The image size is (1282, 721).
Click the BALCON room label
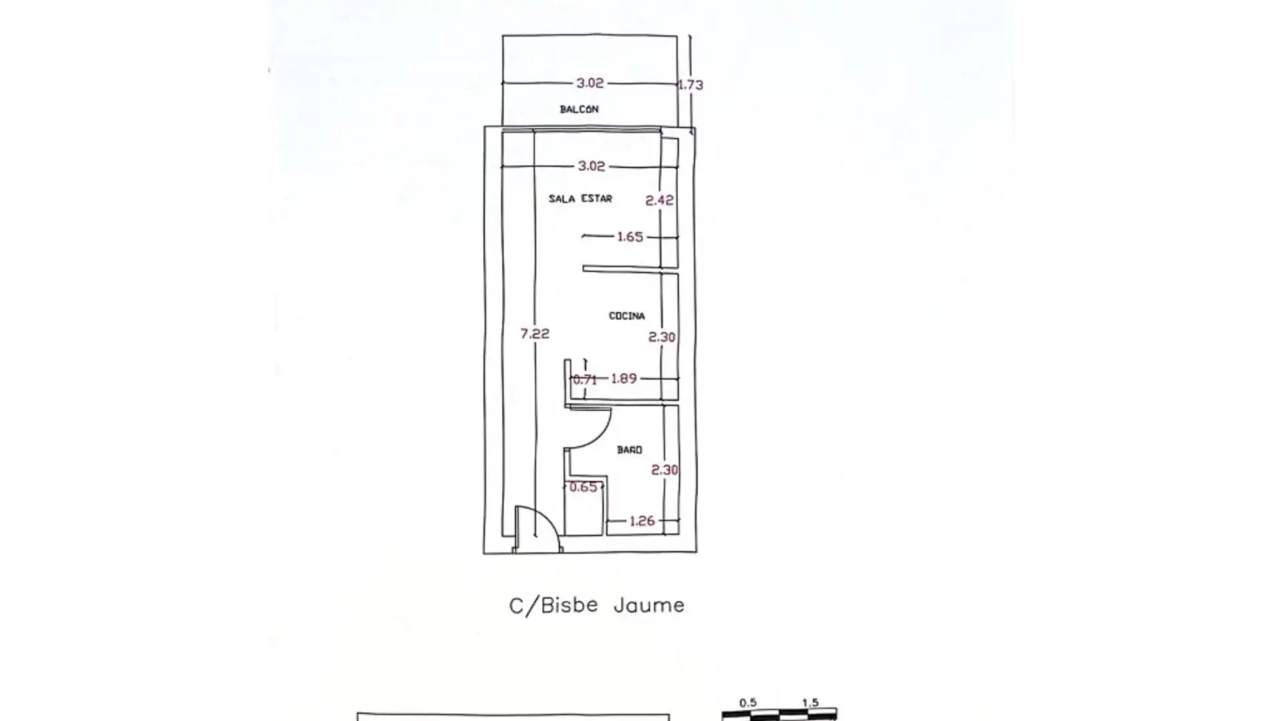click(x=579, y=109)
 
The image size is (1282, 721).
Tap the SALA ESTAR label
click(x=580, y=198)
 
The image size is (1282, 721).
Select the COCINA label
click(x=627, y=316)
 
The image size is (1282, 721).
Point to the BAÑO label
click(x=630, y=450)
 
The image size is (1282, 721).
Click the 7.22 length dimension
click(x=535, y=333)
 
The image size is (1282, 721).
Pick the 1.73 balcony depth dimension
click(x=691, y=85)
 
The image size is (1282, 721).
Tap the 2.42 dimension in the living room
click(x=660, y=200)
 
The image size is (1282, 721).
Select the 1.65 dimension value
click(x=630, y=236)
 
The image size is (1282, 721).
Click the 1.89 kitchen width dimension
click(x=624, y=379)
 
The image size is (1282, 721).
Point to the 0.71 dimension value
click(x=585, y=379)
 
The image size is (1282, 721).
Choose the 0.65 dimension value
click(x=583, y=487)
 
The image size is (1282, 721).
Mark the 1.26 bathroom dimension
click(x=642, y=521)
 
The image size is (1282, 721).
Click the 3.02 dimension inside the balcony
click(x=590, y=83)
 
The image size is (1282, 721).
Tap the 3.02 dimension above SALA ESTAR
click(x=592, y=166)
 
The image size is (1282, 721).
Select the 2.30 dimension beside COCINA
click(x=662, y=337)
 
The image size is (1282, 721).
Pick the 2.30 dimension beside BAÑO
click(x=665, y=470)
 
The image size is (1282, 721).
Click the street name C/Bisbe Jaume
click(x=597, y=606)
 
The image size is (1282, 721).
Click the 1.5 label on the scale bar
click(x=810, y=703)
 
